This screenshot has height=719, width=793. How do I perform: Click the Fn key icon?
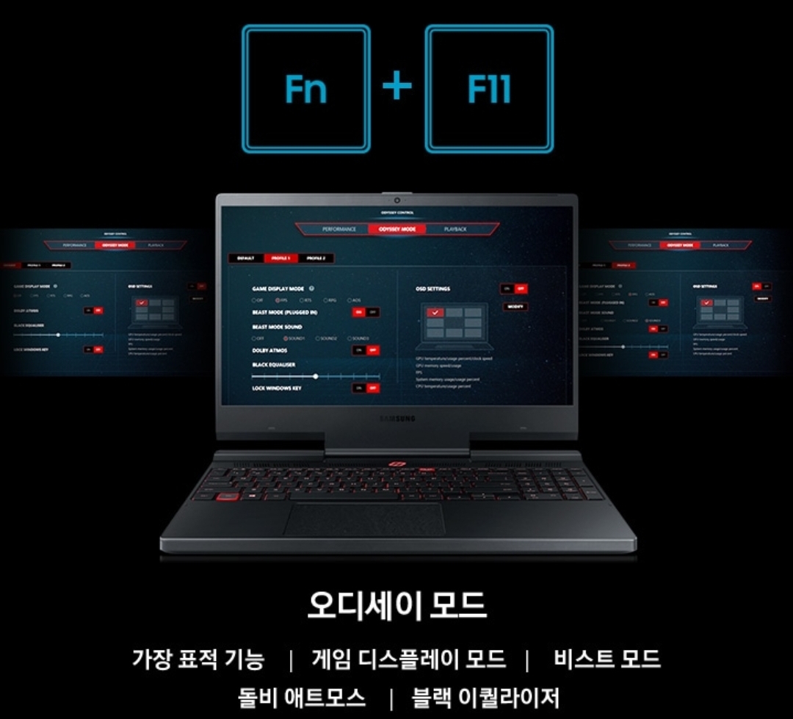tap(306, 89)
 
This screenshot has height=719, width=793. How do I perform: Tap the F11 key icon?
tap(489, 89)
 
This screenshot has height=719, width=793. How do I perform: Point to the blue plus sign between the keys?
tap(397, 87)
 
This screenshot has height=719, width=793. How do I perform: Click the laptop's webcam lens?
tap(396, 199)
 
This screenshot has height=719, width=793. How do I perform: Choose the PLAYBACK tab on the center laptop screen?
tap(455, 229)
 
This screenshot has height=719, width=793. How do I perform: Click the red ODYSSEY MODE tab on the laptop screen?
tap(397, 229)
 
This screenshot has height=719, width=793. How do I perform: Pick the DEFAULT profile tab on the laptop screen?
tap(246, 259)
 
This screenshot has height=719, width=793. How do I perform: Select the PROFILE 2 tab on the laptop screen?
tap(316, 259)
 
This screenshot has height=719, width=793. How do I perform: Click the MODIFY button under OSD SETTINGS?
tap(515, 306)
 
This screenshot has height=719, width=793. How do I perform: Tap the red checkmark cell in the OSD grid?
tap(435, 313)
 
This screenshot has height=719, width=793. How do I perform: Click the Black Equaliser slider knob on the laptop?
tap(316, 376)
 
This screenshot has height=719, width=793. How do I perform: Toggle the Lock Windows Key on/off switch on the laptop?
tap(366, 388)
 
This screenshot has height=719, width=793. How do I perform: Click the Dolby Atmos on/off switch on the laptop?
tap(366, 350)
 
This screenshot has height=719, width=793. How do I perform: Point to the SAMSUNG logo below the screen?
tap(397, 419)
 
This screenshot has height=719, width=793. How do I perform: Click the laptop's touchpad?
tap(363, 520)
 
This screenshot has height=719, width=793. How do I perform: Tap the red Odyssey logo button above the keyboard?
tap(397, 464)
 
